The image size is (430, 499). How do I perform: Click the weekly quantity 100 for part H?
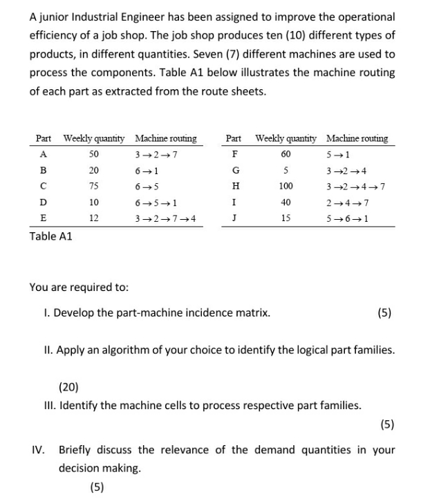pos(286,186)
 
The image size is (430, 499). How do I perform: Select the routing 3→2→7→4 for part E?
pos(165,218)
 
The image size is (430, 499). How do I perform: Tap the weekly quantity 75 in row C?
pos(94,186)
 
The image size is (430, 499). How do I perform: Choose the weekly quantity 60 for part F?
pos(286,154)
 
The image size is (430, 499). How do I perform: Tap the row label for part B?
pos(44,170)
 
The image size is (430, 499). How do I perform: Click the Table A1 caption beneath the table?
pos(50,236)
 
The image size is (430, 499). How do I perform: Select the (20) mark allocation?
pos(68,386)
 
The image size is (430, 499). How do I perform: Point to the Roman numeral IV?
pos(38,450)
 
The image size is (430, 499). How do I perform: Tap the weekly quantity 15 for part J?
pos(286,218)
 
